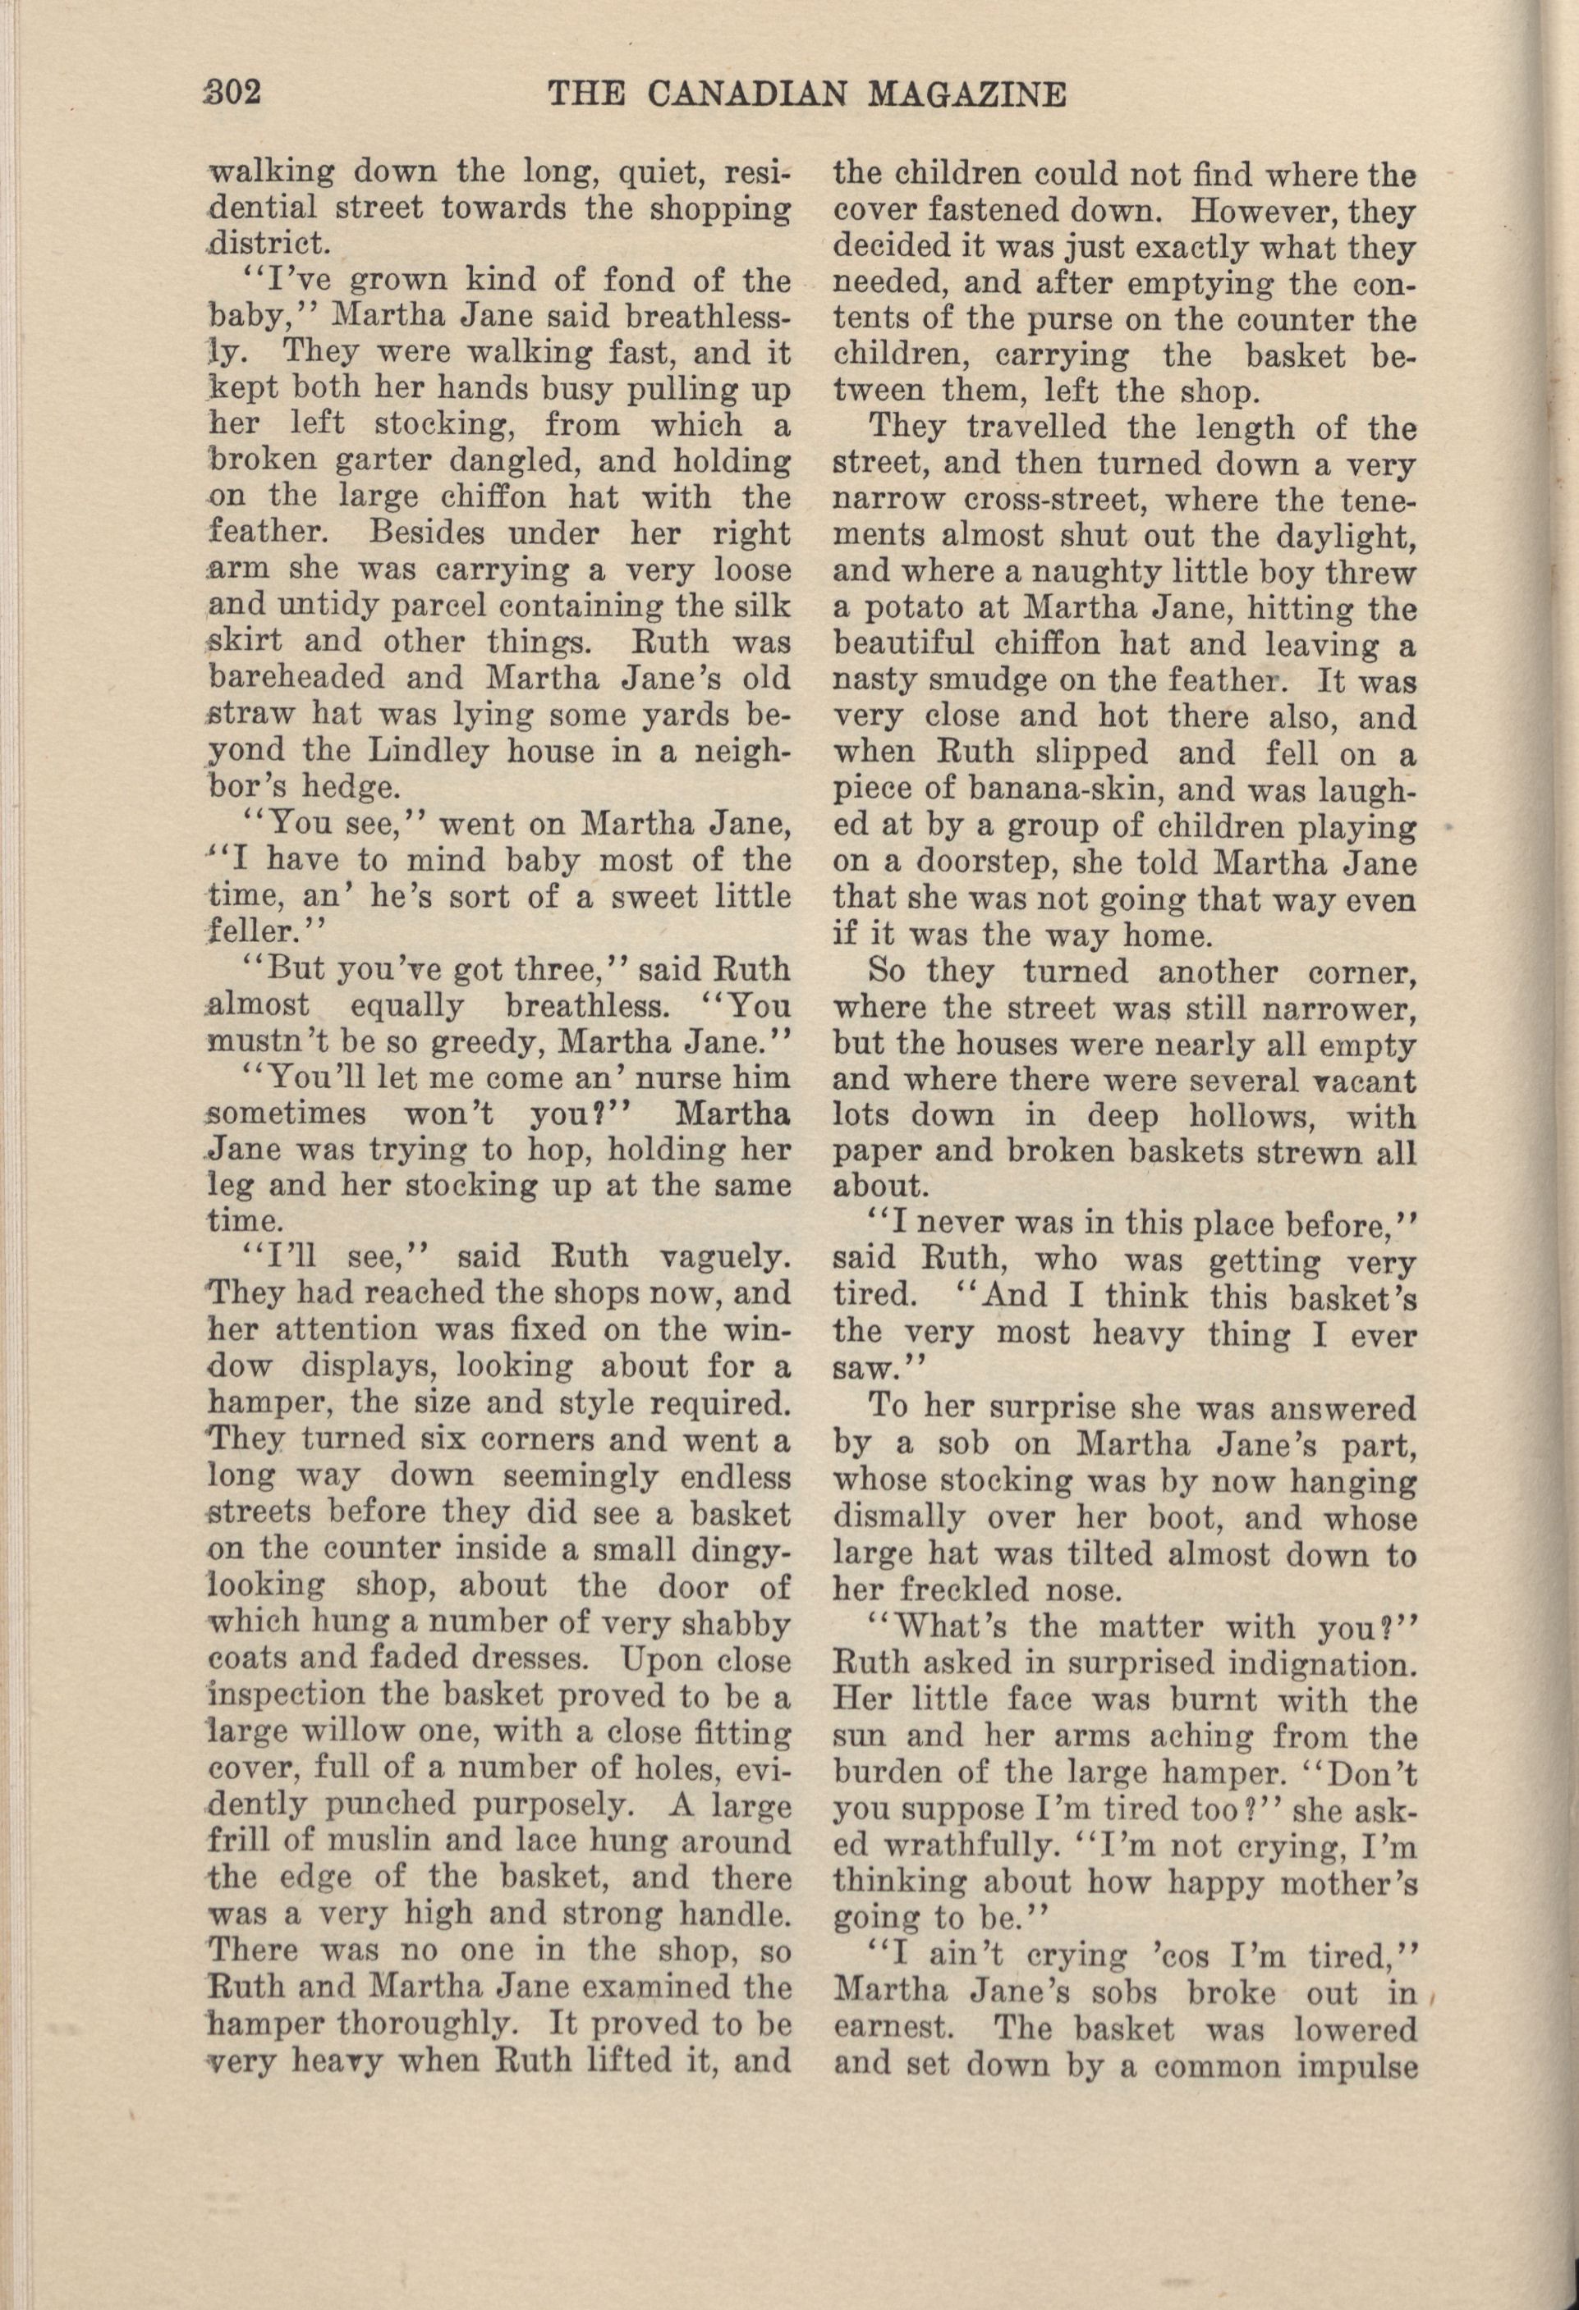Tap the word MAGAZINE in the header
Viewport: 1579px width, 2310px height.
967,94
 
